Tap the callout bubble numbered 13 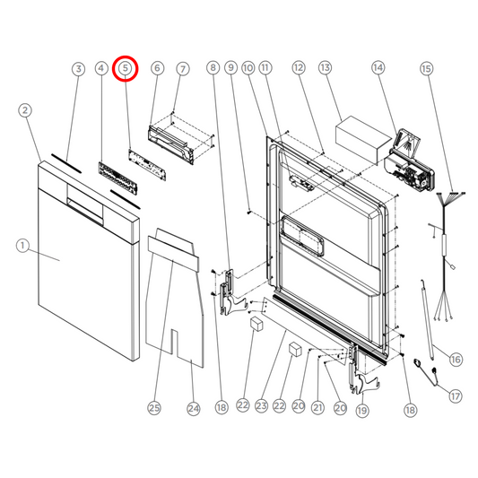325,68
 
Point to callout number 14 378,68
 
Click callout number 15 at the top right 426,68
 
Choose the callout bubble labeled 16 456,359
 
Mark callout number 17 456,395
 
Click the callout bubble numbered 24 193,409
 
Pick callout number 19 361,409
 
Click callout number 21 317,409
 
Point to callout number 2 25,110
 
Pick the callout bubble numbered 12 299,68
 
